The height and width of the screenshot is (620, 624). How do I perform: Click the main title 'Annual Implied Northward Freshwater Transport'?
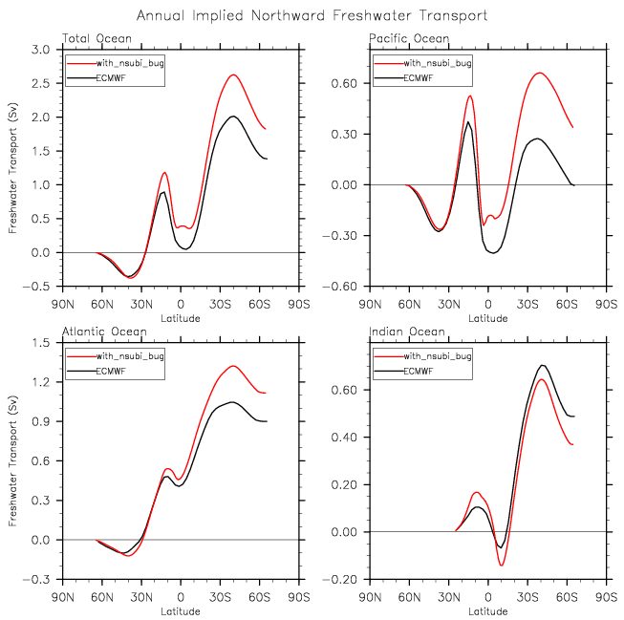click(312, 16)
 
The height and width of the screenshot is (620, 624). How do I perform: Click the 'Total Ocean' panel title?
click(97, 38)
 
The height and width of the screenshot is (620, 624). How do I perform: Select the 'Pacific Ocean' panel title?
click(408, 38)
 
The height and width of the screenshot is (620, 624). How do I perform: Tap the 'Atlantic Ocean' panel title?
click(105, 332)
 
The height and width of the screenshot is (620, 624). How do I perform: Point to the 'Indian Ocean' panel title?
click(407, 332)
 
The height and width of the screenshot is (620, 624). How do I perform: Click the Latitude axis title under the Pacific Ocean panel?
click(487, 317)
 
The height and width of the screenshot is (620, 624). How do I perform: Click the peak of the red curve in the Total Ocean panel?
click(233, 75)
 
